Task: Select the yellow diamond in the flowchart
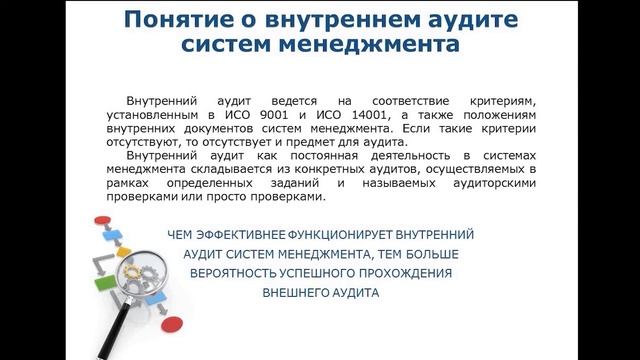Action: (x=123, y=251)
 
